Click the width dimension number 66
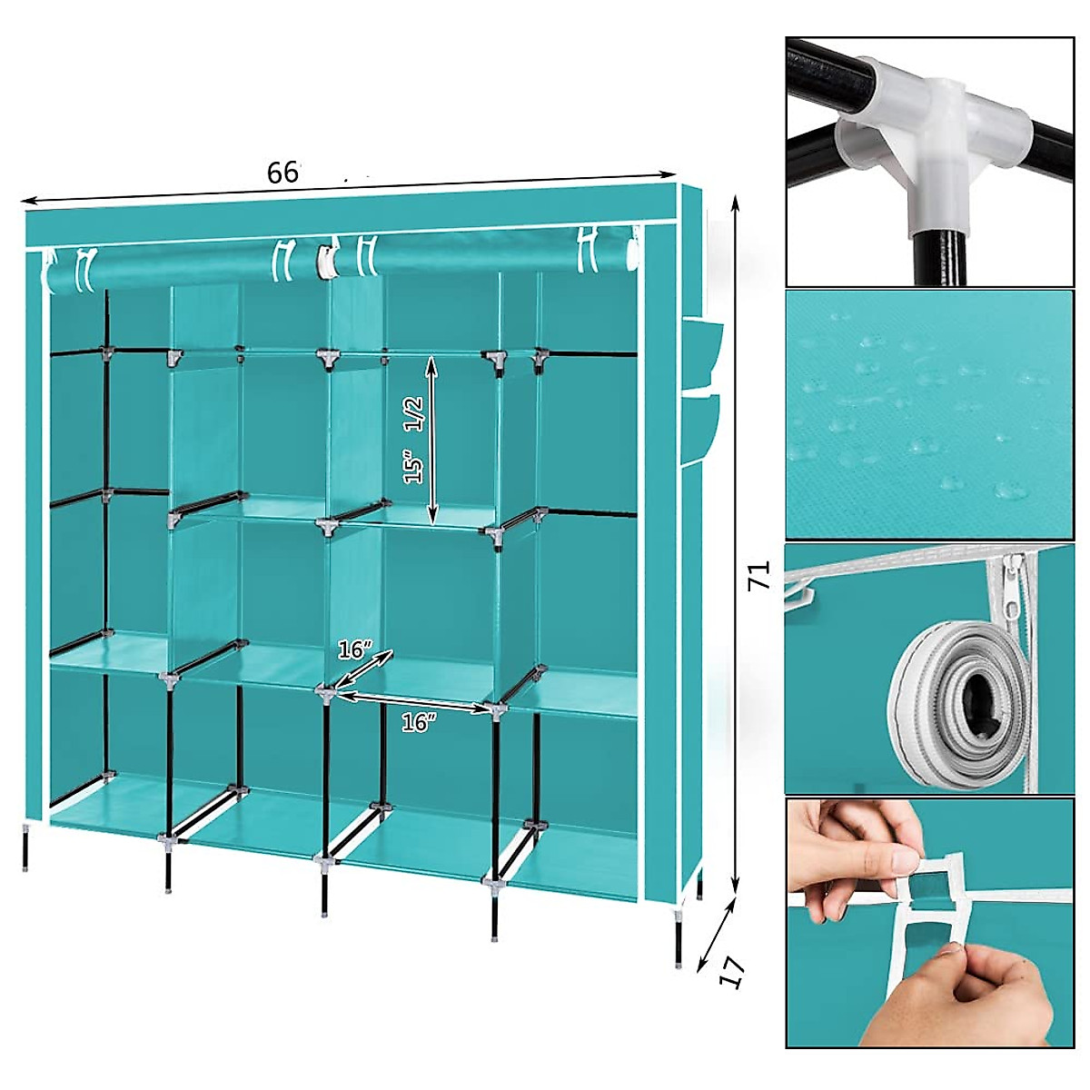282,172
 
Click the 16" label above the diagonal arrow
354,650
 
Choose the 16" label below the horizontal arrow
419,723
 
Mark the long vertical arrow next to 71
735,545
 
